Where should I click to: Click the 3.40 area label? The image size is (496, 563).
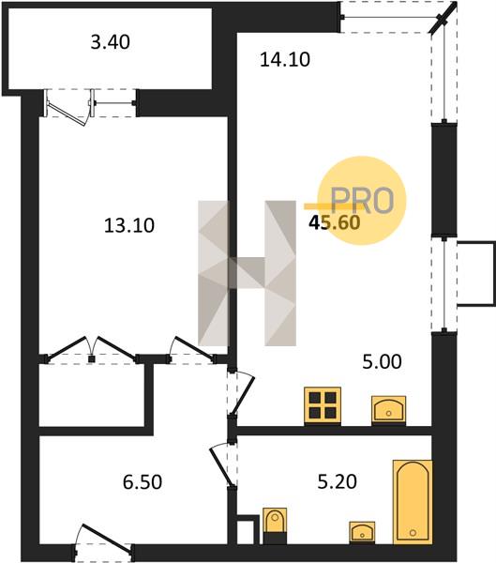click(111, 42)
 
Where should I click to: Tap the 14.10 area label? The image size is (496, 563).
click(285, 60)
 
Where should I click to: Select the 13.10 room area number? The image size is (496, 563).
click(129, 226)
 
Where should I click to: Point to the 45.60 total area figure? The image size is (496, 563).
click(335, 223)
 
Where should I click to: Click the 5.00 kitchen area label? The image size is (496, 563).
click(382, 362)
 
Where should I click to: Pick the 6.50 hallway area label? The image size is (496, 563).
click(143, 482)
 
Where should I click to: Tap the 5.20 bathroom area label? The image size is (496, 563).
click(338, 482)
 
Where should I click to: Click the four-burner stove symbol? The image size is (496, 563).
click(323, 406)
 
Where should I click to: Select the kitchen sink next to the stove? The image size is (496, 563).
click(389, 410)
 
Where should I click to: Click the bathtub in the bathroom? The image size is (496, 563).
click(413, 502)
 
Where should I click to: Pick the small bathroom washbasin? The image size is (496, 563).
click(362, 532)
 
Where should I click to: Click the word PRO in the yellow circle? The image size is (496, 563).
click(362, 201)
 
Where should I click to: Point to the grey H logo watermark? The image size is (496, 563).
click(247, 273)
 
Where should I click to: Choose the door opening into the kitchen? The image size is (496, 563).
click(242, 395)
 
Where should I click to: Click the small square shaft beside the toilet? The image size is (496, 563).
click(248, 529)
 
